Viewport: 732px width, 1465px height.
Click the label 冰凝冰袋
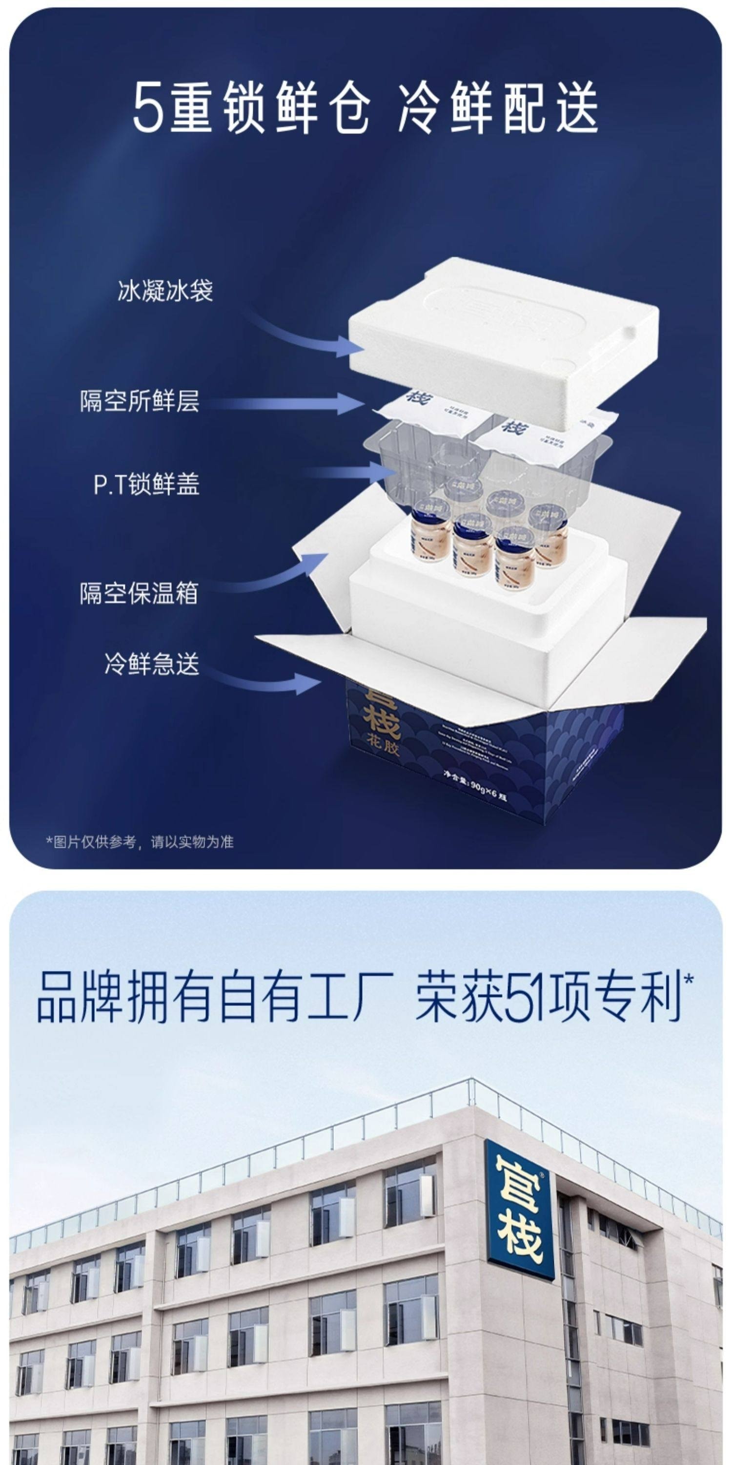165,291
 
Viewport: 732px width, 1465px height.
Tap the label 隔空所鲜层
140,401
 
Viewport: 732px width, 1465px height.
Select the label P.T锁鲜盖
146,484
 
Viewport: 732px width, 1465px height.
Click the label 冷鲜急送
152,663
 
